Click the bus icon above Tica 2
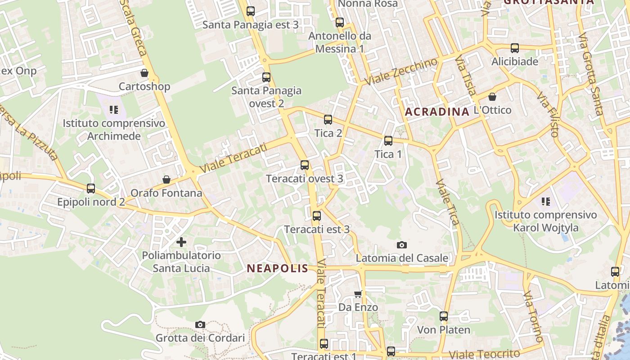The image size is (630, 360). tap(328, 120)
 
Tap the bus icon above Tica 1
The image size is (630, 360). tap(388, 141)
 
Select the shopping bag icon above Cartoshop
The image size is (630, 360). tap(144, 73)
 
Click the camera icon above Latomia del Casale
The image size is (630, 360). tap(402, 245)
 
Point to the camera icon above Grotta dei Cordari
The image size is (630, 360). tap(200, 324)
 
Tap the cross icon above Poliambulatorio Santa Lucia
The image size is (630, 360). tap(181, 242)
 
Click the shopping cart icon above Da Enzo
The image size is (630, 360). tap(358, 294)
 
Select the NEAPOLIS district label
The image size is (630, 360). tap(277, 269)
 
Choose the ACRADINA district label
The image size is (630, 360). tap(437, 112)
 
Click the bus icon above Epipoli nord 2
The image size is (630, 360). tap(91, 189)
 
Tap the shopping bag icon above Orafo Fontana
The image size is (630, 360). tap(166, 180)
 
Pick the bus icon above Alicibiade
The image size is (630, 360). tap(515, 48)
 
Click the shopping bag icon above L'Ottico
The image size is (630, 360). tap(492, 97)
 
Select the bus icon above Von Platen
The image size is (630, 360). tap(444, 316)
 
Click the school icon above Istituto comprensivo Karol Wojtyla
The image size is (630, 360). tap(546, 202)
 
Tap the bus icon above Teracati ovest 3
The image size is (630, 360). tap(305, 165)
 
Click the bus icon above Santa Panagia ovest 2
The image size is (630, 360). tap(266, 77)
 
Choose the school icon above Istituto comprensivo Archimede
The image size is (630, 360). tap(114, 110)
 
